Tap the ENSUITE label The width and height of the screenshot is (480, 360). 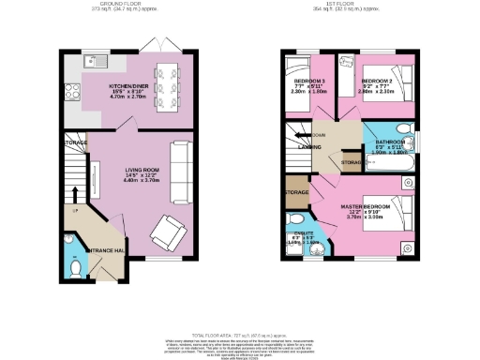click(x=304, y=236)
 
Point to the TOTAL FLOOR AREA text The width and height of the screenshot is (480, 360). click(x=239, y=334)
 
